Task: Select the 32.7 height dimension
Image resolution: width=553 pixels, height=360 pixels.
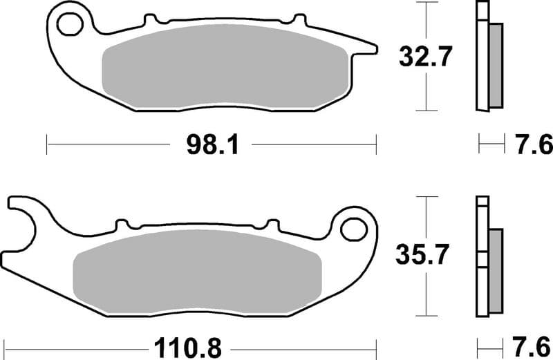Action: [x=425, y=57]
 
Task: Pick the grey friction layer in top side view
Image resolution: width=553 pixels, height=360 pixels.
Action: [x=496, y=65]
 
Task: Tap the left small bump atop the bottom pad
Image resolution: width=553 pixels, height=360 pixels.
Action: [x=122, y=224]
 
